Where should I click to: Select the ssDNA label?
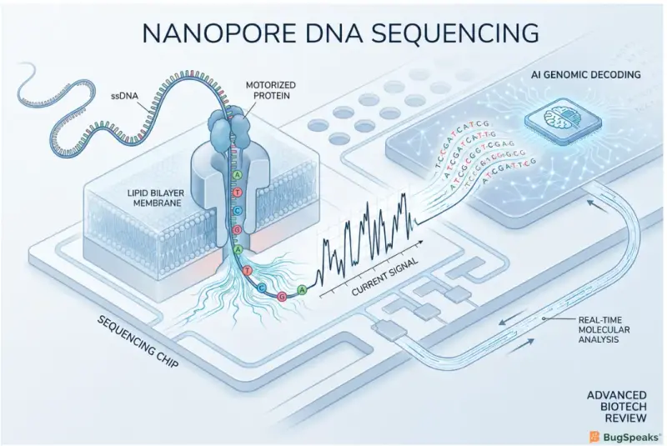124,96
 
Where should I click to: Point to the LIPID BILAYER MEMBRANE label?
156,198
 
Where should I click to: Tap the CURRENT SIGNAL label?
385,277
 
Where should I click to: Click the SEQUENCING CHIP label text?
138,342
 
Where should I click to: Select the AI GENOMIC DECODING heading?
586,75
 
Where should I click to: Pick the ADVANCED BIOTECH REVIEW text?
617,407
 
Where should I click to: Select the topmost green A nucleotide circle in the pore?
237,174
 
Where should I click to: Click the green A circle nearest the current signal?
302,290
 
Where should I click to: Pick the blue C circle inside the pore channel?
238,211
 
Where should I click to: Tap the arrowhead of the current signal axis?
420,242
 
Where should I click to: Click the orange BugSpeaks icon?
594,437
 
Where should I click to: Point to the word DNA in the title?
325,33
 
